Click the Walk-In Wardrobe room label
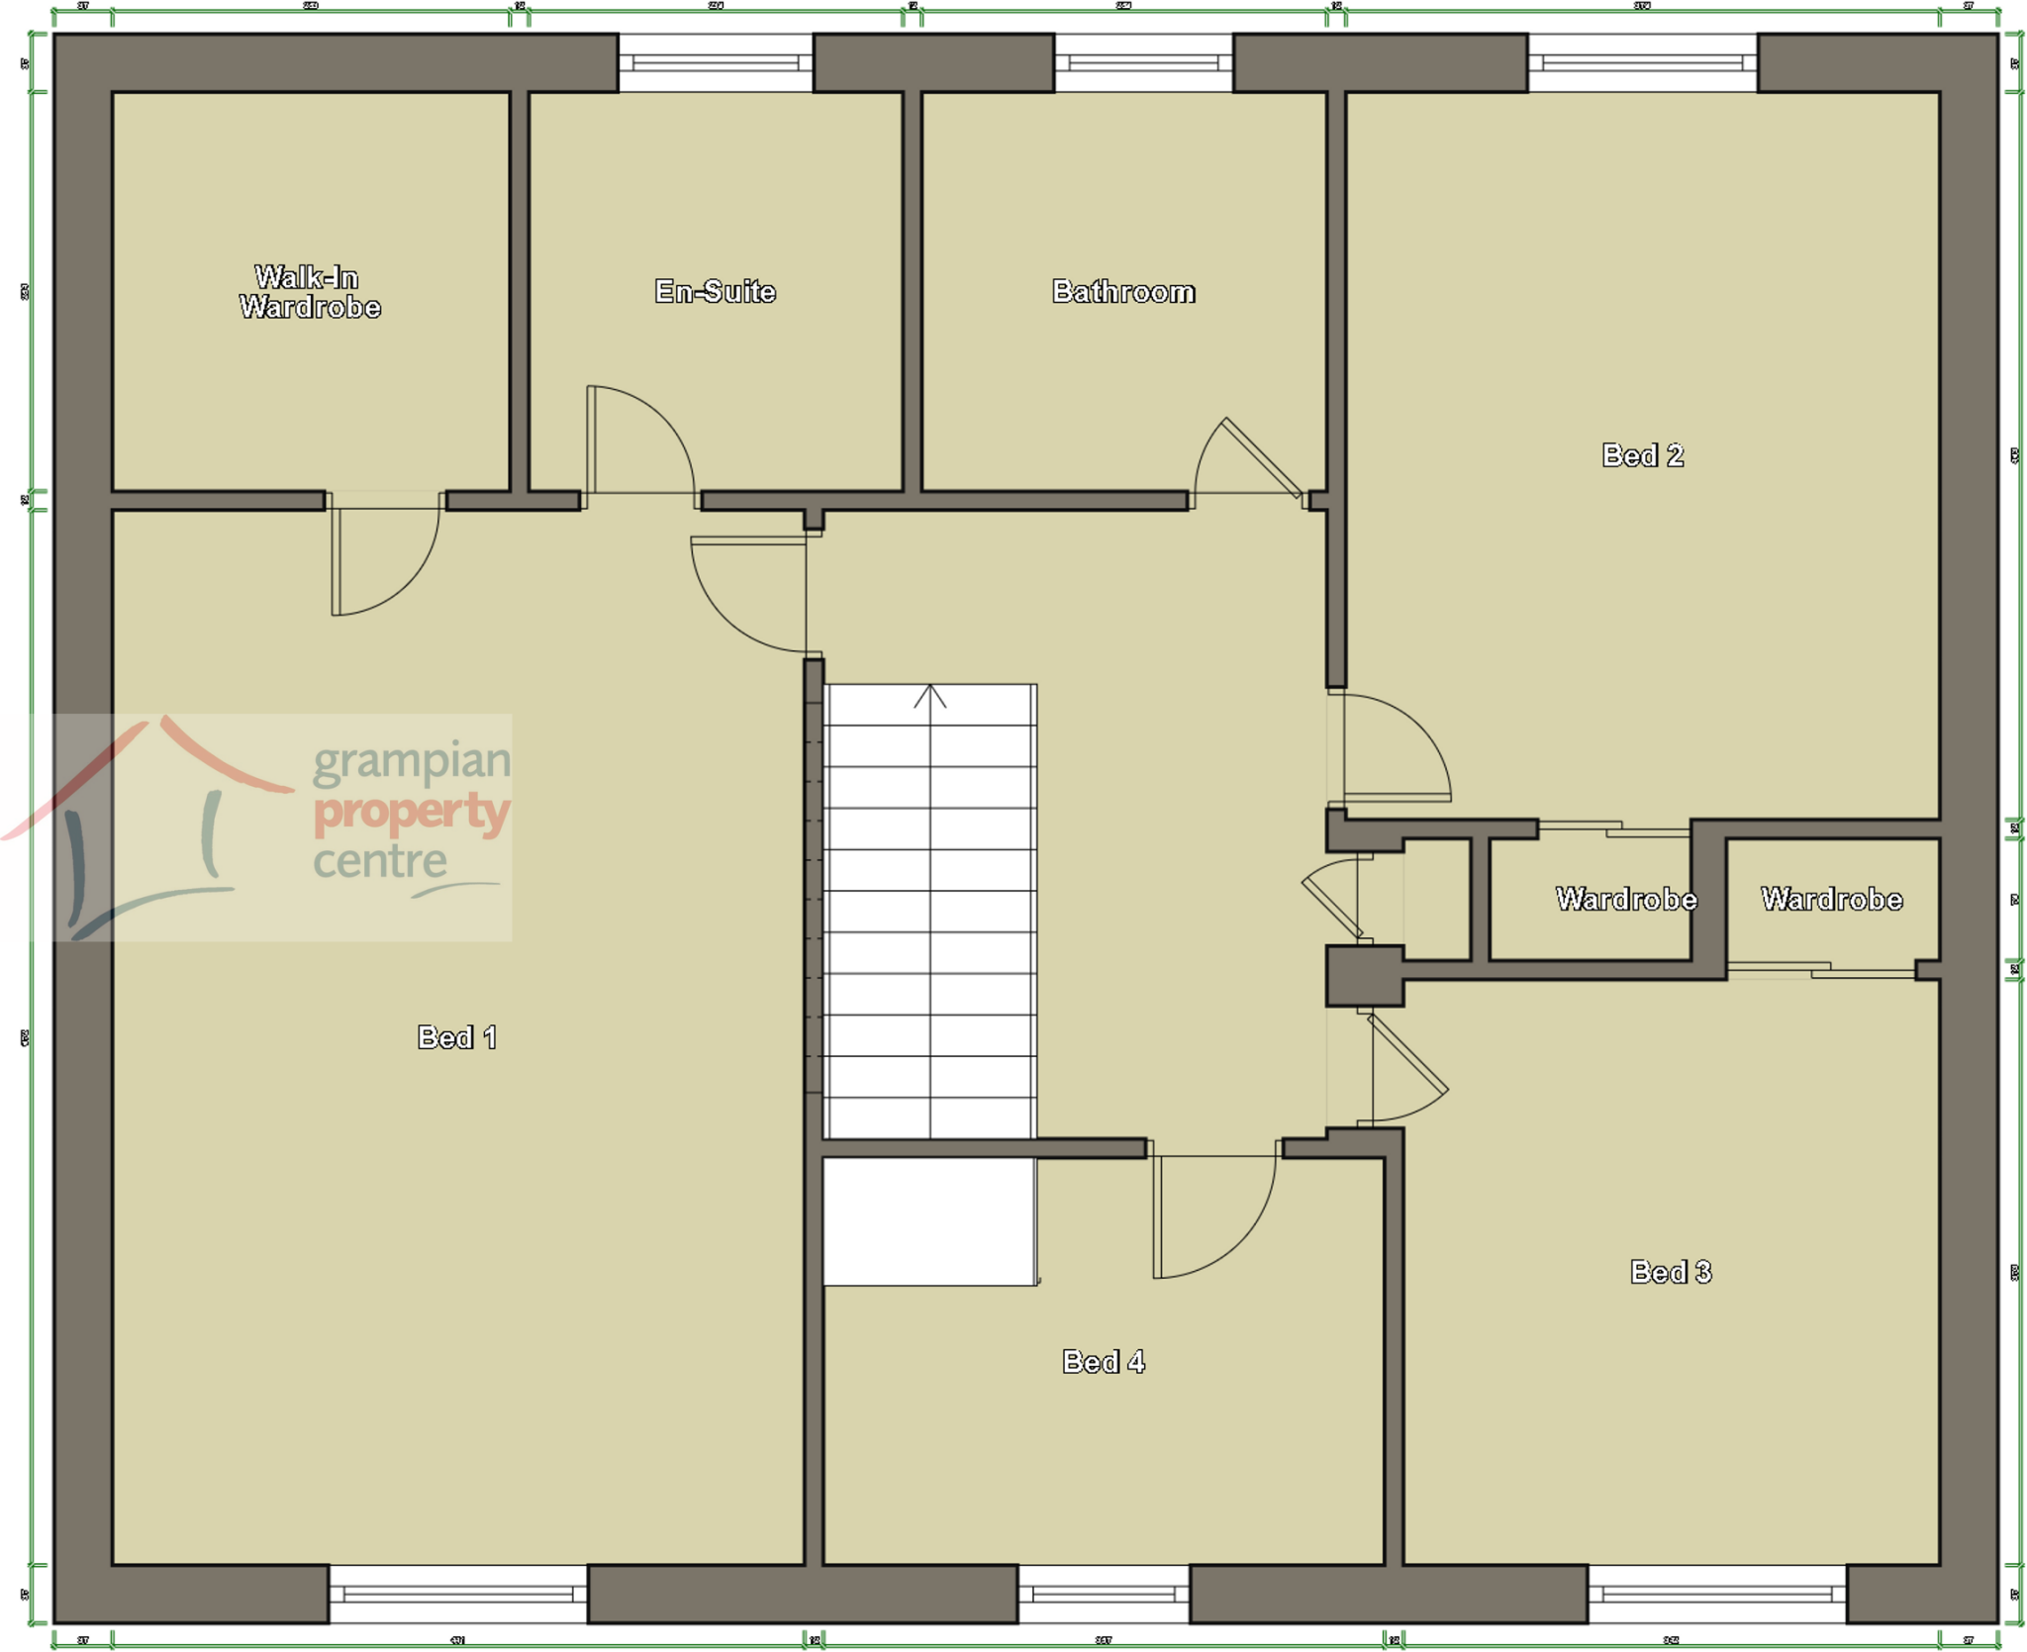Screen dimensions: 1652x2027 pyautogui.click(x=309, y=292)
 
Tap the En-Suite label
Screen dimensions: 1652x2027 pyautogui.click(x=715, y=291)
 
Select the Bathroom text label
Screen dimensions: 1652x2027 pyautogui.click(x=1122, y=291)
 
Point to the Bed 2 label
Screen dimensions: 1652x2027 pyautogui.click(x=1642, y=455)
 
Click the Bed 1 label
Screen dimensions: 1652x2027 pyautogui.click(x=456, y=1037)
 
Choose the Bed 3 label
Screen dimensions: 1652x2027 pyautogui.click(x=1670, y=1272)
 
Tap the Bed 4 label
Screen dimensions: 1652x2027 pyautogui.click(x=1103, y=1362)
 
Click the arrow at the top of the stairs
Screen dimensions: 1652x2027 pyautogui.click(x=929, y=696)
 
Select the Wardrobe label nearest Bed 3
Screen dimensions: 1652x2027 pyautogui.click(x=1831, y=899)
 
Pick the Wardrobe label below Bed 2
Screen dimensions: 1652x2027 pyautogui.click(x=1625, y=899)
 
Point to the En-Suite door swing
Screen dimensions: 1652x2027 pyautogui.click(x=638, y=440)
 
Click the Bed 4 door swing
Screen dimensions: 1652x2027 pyautogui.click(x=1215, y=1217)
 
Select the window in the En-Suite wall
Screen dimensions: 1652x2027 pyautogui.click(x=715, y=63)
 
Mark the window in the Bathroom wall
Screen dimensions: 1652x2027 pyautogui.click(x=1143, y=63)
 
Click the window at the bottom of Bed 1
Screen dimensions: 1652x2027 pyautogui.click(x=457, y=1594)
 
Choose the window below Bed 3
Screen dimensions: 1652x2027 pyautogui.click(x=1717, y=1594)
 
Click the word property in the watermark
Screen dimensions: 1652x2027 pyautogui.click(x=411, y=812)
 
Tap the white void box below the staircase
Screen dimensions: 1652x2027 pyautogui.click(x=928, y=1222)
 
